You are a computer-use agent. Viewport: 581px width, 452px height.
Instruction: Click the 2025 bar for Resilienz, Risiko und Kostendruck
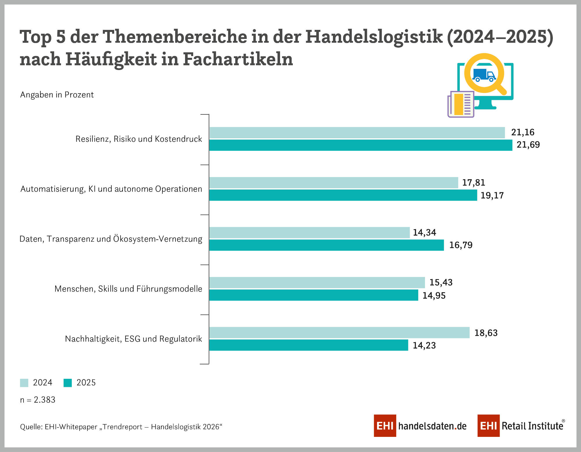point(361,145)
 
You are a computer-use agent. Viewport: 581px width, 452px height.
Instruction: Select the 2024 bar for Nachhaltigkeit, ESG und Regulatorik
point(339,333)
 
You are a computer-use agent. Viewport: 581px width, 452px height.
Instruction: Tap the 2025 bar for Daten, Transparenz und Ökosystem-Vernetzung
point(327,245)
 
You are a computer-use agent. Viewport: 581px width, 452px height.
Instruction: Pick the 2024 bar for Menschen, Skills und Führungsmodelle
point(317,283)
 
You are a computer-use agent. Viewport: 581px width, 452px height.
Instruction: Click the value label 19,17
point(492,195)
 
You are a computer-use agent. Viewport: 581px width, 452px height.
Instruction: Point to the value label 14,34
point(424,233)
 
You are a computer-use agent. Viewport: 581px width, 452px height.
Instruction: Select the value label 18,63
point(486,333)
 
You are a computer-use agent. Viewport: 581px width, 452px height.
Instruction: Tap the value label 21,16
point(523,132)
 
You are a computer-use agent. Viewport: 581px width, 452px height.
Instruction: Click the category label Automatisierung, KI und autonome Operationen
point(111,189)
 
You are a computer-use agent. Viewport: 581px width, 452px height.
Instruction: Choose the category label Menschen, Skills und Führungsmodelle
point(128,289)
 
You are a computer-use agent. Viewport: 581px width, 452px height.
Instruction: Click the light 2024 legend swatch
point(24,383)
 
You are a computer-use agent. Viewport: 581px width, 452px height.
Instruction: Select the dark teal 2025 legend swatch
point(68,383)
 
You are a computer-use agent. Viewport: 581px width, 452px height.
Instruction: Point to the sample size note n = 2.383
point(38,400)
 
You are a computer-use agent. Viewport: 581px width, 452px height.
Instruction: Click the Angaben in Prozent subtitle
point(57,95)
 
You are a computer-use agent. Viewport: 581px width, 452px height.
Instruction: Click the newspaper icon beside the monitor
point(461,104)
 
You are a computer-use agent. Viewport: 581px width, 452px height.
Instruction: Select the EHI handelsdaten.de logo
point(420,426)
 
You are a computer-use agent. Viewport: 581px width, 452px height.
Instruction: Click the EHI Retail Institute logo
point(521,426)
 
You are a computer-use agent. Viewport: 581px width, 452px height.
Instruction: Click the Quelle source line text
point(121,427)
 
